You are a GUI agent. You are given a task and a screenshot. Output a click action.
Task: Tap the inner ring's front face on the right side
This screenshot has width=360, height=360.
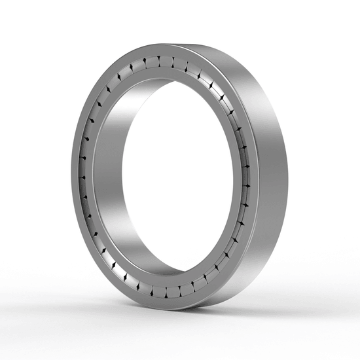(x=236, y=177)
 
